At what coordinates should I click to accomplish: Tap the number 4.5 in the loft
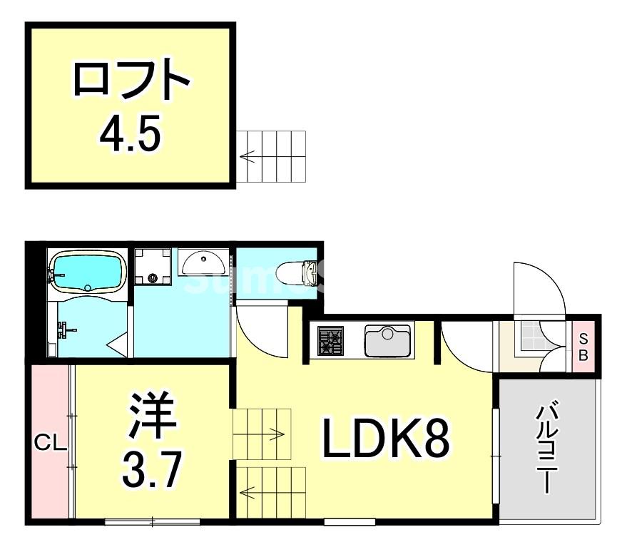pos(131,131)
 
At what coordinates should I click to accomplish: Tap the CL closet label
pos(51,443)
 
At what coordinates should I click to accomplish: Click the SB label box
pos(583,347)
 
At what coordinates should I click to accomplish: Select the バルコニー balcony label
pos(546,450)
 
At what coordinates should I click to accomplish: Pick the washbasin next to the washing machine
pos(204,264)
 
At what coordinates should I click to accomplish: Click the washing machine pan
pos(153,266)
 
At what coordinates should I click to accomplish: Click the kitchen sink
pos(388,340)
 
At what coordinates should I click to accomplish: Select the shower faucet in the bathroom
pos(65,329)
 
